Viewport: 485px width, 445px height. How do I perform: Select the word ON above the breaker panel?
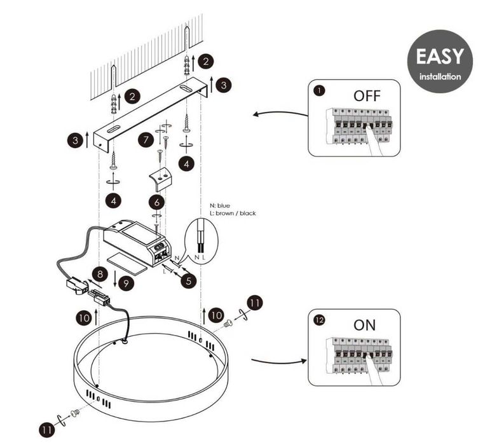coord(364,325)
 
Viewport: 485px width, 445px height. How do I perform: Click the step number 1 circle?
coord(319,91)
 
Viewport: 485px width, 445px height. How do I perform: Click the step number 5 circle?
coord(187,278)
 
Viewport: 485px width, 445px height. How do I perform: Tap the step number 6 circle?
coord(156,202)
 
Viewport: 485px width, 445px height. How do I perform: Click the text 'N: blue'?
coord(221,206)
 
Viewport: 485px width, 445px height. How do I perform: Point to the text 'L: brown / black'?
coord(233,214)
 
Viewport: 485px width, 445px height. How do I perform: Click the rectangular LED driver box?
coord(137,240)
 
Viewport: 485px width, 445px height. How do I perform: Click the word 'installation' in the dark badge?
coord(440,77)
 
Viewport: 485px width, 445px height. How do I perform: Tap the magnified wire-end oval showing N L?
coord(201,240)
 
